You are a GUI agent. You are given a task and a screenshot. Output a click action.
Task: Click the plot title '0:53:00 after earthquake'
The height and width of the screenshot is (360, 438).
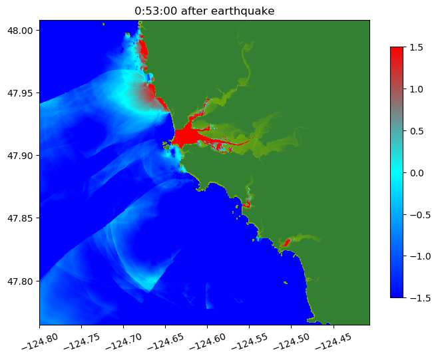(x=204, y=11)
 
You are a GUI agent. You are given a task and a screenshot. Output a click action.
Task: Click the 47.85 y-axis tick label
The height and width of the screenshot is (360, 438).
(x=21, y=218)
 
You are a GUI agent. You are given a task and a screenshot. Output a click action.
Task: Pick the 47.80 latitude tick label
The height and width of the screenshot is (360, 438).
(x=21, y=281)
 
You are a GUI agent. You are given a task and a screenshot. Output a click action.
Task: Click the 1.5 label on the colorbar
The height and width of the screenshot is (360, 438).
(x=417, y=47)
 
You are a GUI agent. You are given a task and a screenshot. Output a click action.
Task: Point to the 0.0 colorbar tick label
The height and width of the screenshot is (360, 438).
(x=417, y=172)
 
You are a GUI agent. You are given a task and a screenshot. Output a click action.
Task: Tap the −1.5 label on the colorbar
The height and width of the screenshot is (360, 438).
(x=419, y=297)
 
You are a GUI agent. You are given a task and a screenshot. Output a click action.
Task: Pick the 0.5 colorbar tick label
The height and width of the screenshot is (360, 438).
(x=417, y=130)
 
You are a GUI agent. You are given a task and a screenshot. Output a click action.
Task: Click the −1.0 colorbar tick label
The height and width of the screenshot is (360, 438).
(x=419, y=256)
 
